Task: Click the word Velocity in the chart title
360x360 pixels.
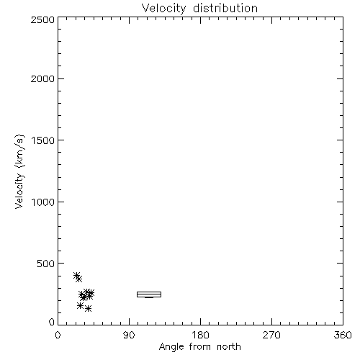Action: point(164,9)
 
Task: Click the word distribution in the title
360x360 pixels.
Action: point(225,8)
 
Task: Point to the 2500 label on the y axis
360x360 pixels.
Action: point(42,19)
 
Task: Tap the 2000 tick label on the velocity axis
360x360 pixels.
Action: point(42,78)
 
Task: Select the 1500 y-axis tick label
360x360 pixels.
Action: point(43,140)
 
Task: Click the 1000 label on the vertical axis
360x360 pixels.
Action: point(43,202)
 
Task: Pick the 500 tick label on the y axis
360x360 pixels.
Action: point(46,264)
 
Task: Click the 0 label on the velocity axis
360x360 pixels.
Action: point(52,322)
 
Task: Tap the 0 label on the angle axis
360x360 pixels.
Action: point(58,335)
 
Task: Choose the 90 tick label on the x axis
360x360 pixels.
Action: point(129,335)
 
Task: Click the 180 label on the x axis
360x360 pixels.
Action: point(200,335)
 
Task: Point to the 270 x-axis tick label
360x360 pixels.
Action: point(271,335)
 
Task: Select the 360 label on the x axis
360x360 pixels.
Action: point(343,335)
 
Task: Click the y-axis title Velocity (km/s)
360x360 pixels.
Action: point(19,171)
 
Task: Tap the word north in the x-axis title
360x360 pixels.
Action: point(229,347)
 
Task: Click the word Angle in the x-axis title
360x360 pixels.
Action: point(171,347)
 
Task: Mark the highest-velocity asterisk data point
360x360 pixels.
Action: point(76,276)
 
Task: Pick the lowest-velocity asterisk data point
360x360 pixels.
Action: point(89,308)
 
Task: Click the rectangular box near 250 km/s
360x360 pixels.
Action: point(149,292)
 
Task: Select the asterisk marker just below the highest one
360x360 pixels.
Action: point(79,279)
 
